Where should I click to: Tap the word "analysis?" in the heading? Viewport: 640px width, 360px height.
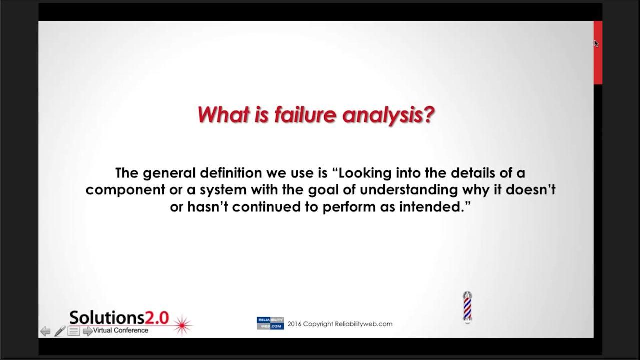click(388, 115)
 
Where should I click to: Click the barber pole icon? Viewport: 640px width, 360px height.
click(467, 307)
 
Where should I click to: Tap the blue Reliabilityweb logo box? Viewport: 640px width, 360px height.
click(270, 323)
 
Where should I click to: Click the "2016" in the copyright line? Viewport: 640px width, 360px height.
click(294, 324)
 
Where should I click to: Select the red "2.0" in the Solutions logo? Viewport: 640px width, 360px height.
click(157, 318)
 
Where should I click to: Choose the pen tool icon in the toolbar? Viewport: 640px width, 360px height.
click(60, 331)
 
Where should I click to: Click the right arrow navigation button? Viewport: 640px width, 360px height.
click(87, 331)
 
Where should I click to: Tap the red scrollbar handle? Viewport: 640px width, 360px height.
click(598, 53)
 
